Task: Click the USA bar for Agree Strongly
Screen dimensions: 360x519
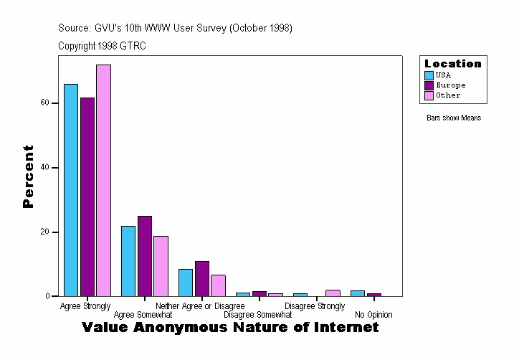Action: [x=71, y=190]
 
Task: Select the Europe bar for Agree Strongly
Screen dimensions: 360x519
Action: [x=87, y=197]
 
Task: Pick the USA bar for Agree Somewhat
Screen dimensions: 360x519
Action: [x=128, y=261]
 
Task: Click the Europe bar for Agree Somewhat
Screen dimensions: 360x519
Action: [x=145, y=256]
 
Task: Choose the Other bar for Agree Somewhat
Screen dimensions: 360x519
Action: [x=161, y=266]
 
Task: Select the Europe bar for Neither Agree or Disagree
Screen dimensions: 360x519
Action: [x=202, y=279]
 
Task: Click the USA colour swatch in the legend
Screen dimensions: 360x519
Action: [x=429, y=75]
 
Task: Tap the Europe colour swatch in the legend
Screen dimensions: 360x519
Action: [x=429, y=85]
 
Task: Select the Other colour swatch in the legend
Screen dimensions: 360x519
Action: [x=429, y=95]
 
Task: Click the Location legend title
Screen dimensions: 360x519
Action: [x=453, y=64]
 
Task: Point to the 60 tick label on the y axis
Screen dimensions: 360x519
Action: [x=45, y=103]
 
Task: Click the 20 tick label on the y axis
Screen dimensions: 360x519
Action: [x=45, y=232]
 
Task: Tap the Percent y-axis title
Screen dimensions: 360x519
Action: [x=28, y=176]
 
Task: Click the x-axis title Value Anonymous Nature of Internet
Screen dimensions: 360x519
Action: [x=230, y=328]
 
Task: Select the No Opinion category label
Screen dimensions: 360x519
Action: [x=373, y=315]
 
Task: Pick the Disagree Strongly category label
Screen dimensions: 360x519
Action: [x=315, y=306]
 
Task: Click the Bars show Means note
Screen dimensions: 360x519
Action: [x=454, y=118]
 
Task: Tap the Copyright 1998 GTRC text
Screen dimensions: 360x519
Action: [x=103, y=46]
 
